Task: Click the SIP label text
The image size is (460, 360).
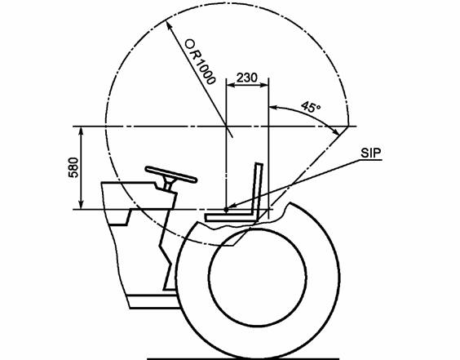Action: coord(371,153)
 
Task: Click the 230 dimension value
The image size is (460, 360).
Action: coord(247,78)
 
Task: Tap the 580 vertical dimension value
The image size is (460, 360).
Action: coord(73,167)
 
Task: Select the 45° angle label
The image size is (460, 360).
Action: coord(311,107)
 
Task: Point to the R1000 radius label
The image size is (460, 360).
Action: coord(200,62)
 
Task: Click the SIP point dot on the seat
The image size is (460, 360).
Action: coord(226,210)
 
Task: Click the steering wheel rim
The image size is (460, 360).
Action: coord(170,175)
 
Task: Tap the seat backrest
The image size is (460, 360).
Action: coord(258,191)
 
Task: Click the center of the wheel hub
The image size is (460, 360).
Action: coord(258,277)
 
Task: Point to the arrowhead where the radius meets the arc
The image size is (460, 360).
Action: coord(169,25)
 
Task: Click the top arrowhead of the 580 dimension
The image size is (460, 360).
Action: coord(82,131)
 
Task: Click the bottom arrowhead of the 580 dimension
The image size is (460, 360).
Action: coord(82,205)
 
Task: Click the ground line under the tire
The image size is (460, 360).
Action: coord(243,358)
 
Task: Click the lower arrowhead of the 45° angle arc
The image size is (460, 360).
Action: coord(335,131)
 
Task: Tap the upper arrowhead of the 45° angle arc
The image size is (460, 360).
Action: coord(273,108)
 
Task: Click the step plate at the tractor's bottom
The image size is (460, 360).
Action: coord(154,301)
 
